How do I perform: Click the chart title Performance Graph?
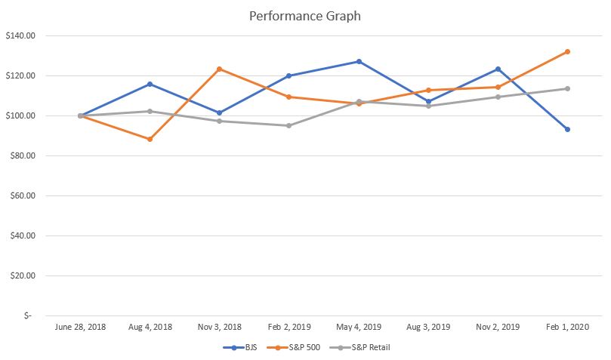(305, 16)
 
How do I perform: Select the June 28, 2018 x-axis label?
(80, 328)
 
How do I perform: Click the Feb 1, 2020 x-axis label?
(567, 328)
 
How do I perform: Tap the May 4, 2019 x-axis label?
(359, 328)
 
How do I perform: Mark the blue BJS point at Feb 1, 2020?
(567, 129)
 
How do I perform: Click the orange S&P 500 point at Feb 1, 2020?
(567, 51)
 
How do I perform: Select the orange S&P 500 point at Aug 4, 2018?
(150, 139)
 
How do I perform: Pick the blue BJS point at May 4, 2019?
(359, 61)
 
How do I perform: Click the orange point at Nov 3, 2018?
(219, 69)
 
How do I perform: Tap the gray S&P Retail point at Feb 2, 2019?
(289, 125)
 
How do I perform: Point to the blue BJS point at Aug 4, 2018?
(150, 84)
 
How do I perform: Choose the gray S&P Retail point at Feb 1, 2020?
(567, 88)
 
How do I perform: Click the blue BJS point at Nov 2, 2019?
(498, 69)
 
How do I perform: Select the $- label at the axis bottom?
(27, 315)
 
